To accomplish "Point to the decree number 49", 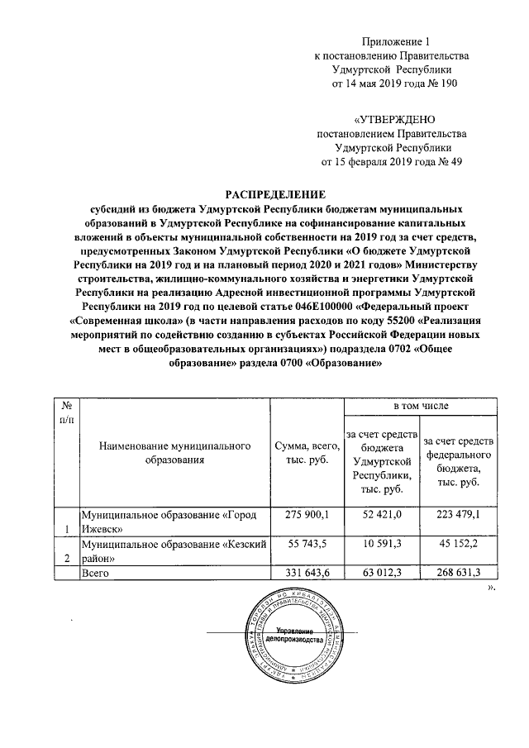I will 452,162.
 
